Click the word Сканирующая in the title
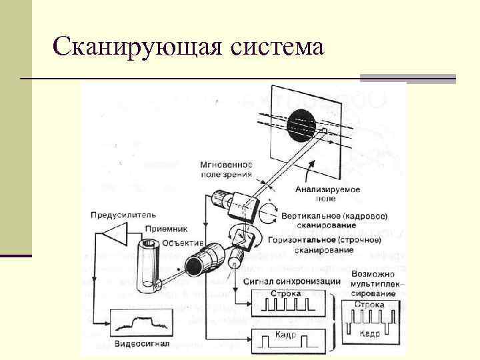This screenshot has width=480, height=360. [136, 47]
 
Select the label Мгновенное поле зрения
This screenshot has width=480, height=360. [227, 169]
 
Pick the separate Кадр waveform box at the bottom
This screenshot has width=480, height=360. [289, 341]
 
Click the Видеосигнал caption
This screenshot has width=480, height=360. [142, 345]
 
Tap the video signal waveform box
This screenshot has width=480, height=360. [142, 324]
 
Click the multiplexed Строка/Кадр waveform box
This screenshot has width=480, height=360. [372, 321]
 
